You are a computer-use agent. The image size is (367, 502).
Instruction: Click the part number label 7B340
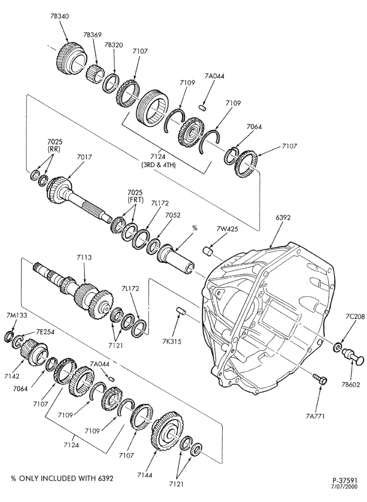(60, 16)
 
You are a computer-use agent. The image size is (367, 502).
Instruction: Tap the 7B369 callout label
(92, 35)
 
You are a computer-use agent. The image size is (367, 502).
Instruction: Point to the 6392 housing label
(283, 218)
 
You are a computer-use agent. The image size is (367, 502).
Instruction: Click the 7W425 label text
(227, 229)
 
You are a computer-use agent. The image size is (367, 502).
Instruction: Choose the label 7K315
(171, 341)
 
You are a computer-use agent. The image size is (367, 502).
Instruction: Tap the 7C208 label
(355, 317)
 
